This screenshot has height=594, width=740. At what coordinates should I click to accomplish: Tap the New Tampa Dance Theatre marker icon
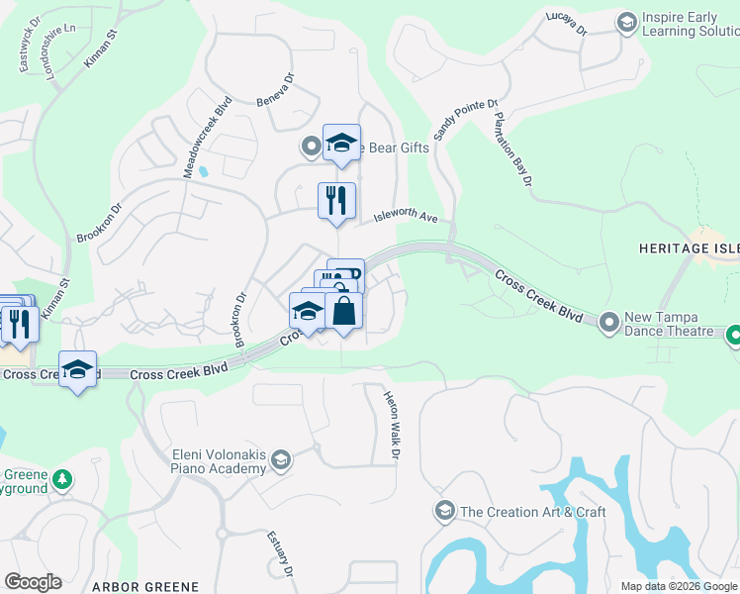(x=608, y=321)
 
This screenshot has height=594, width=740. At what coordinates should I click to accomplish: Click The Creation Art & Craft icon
(x=443, y=511)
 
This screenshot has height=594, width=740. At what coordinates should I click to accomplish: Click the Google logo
(x=33, y=582)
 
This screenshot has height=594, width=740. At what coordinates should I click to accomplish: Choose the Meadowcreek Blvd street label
(x=207, y=138)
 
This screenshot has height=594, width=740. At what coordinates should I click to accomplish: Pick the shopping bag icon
(x=343, y=311)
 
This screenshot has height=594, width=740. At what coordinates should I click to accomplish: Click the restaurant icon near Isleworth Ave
(x=336, y=201)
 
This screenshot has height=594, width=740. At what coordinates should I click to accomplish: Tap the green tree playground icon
(x=62, y=479)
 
